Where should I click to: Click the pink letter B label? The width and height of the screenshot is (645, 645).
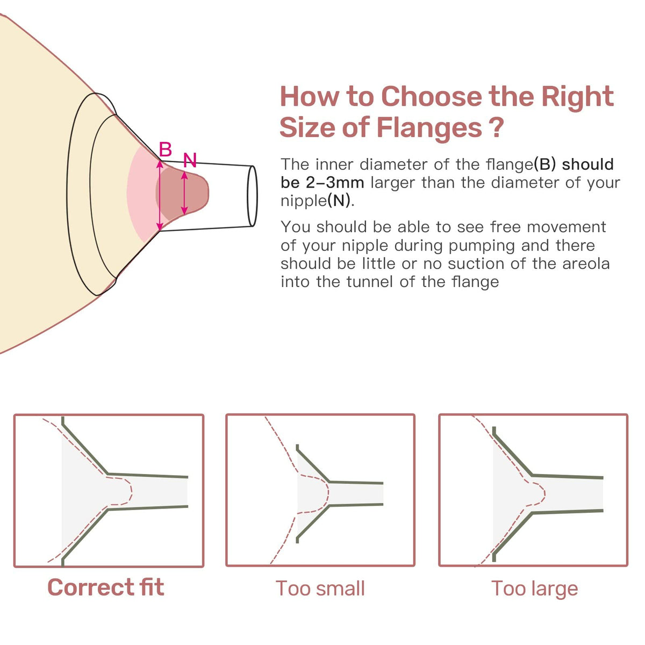(166, 149)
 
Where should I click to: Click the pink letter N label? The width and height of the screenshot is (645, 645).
(190, 160)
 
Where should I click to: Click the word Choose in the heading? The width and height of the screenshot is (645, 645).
(432, 96)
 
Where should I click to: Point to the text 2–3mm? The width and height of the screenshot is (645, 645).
(335, 183)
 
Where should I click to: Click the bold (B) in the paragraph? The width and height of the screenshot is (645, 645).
(545, 164)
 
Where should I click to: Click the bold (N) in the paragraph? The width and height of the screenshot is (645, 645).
(339, 201)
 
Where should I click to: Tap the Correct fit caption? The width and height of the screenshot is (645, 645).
(106, 587)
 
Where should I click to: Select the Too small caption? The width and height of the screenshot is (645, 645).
(320, 589)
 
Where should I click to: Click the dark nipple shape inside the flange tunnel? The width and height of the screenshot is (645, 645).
(182, 193)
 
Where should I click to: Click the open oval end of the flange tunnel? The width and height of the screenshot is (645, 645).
(253, 196)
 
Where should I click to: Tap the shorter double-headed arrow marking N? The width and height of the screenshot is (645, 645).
(184, 193)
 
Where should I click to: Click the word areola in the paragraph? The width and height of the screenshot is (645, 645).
(586, 264)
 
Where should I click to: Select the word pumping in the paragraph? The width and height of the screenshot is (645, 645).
(482, 246)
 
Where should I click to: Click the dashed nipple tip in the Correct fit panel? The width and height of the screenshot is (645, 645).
(131, 491)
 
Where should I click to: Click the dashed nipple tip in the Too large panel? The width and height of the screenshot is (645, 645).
(544, 493)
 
